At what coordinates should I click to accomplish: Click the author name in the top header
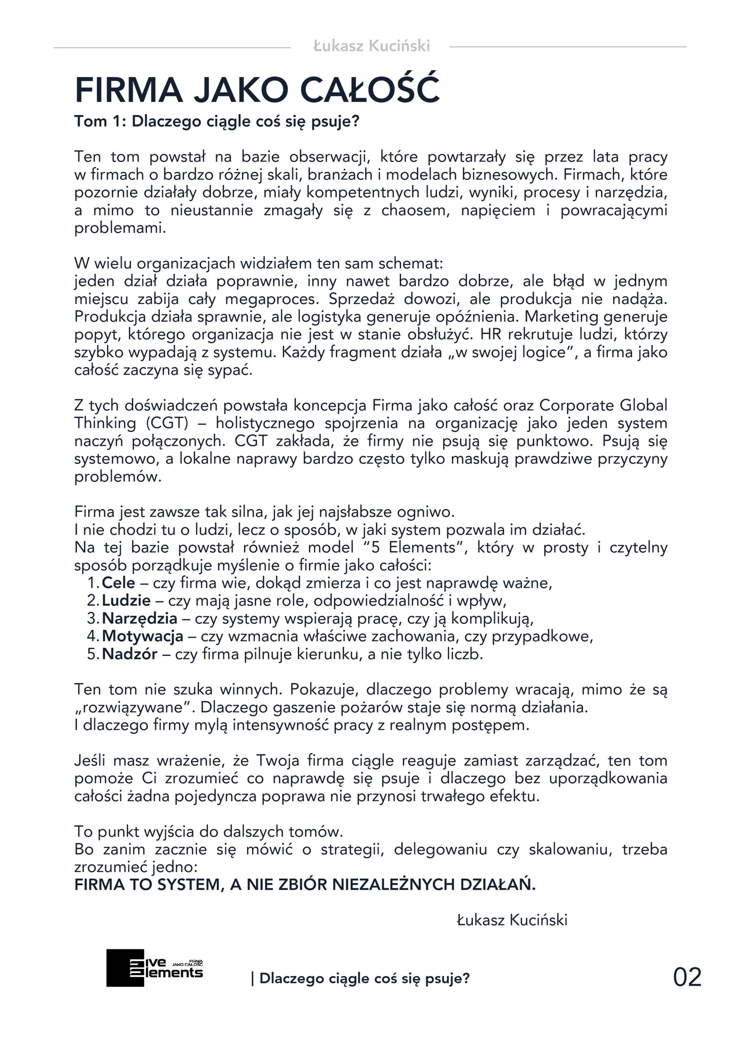[371, 46]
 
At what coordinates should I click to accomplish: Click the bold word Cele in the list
[119, 583]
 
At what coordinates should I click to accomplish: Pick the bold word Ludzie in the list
[126, 600]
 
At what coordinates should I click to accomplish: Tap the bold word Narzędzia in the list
[140, 618]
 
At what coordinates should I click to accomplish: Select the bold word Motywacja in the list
[143, 636]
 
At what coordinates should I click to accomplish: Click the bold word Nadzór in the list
[129, 654]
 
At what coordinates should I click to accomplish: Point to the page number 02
[687, 978]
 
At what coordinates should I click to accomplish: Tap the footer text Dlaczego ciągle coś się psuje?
[360, 979]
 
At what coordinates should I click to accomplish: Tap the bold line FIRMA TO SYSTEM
[305, 885]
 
